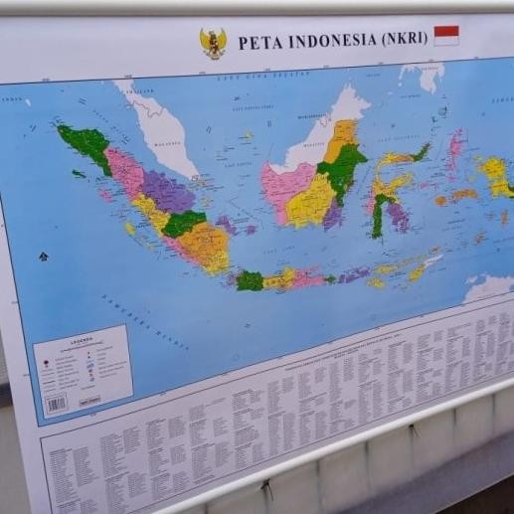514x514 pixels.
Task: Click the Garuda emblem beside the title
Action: click(213, 43)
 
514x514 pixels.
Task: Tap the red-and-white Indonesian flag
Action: click(446, 35)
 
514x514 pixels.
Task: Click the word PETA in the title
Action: click(257, 42)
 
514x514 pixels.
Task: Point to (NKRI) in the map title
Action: click(404, 38)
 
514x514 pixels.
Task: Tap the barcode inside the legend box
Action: click(56, 403)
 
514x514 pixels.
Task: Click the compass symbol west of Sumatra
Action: click(43, 257)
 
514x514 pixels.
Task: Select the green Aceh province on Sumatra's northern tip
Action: click(88, 144)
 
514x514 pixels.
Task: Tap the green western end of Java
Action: click(250, 280)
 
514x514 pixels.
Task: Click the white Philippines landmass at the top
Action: click(423, 76)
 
